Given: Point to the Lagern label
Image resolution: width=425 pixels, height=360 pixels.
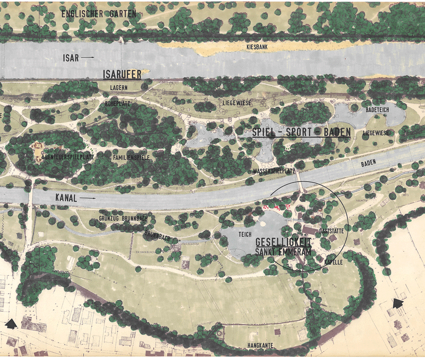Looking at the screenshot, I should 119,88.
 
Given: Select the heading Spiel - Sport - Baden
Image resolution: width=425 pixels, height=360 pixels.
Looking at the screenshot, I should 294,133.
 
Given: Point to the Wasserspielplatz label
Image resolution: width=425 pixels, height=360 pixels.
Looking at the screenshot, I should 274,171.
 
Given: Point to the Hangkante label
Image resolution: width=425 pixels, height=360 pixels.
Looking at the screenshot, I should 260,345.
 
